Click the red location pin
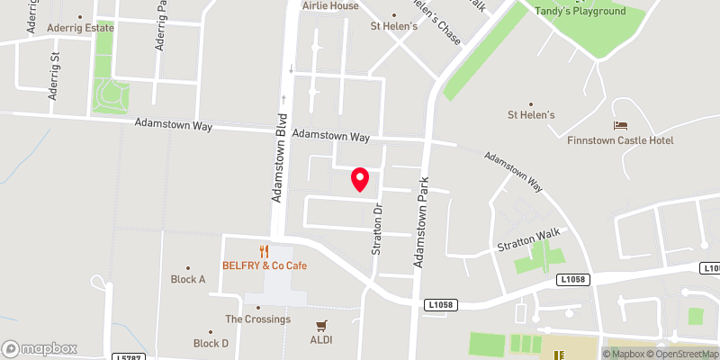[360, 179]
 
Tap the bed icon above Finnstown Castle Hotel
[620, 125]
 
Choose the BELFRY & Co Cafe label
[265, 266]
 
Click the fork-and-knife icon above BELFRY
[265, 251]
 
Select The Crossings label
[257, 319]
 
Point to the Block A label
[188, 279]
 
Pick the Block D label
[211, 343]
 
